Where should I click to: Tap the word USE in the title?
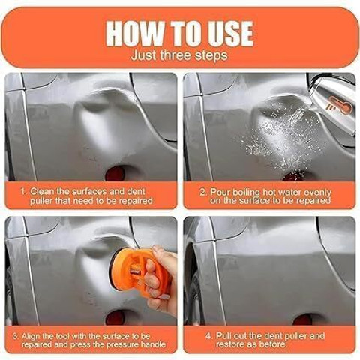[227, 34]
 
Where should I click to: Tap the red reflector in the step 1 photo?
[115, 173]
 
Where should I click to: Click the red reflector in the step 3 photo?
[115, 318]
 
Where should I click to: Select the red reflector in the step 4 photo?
[302, 319]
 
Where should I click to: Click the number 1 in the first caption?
[23, 192]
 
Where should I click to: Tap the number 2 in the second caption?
[202, 193]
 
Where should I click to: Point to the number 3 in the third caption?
[16, 336]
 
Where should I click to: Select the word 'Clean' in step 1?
[42, 192]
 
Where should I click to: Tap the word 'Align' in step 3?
[31, 336]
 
